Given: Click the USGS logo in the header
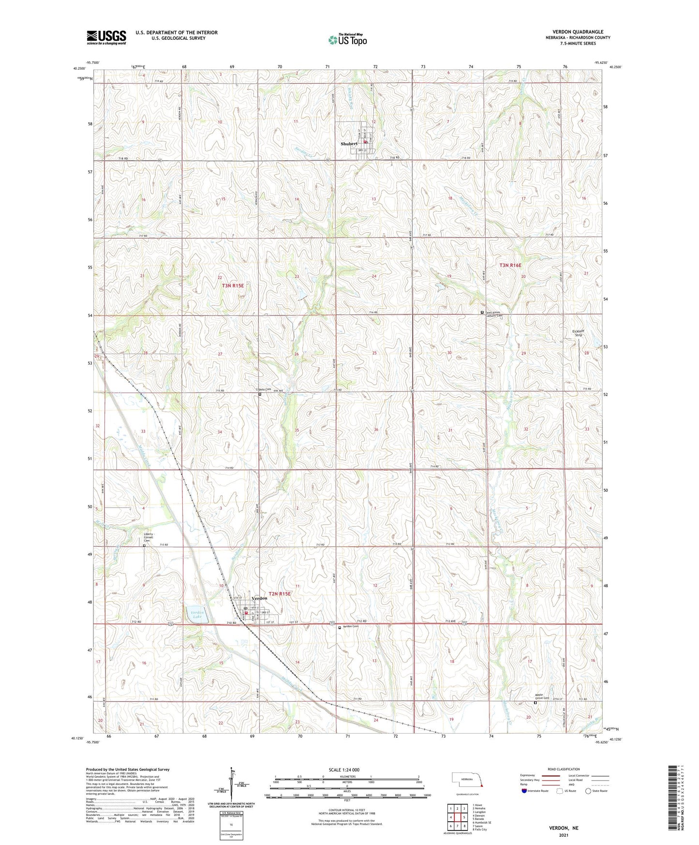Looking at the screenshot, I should click(106, 37).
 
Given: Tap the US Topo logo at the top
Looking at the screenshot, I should click(347, 40).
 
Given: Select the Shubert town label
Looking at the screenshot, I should click(349, 144).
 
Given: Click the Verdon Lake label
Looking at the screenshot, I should click(196, 615).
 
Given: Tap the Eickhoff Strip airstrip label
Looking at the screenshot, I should click(578, 333).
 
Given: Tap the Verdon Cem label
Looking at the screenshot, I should click(350, 627).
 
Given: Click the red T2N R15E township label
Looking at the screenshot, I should click(280, 593).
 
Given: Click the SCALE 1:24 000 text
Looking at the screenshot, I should click(344, 770).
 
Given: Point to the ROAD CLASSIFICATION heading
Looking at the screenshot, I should click(564, 769).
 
